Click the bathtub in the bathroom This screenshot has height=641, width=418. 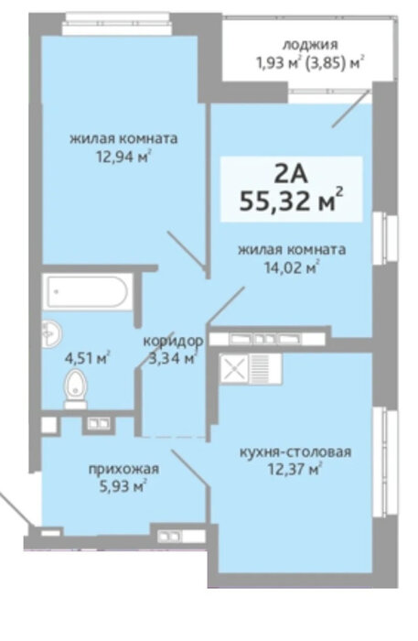88,292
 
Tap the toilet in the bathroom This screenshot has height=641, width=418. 76,389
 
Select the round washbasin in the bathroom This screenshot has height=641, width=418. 51,333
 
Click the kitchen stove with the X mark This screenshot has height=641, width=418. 234,369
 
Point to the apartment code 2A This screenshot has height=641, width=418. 291,176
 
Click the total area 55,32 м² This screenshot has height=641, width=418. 291,201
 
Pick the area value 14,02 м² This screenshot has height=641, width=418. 292,267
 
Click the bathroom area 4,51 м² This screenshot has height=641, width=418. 88,358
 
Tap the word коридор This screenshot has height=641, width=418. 173,341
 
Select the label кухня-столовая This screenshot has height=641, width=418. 295,452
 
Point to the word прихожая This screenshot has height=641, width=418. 124,469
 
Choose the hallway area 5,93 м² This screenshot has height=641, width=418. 123,487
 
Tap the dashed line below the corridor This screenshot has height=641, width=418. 175,437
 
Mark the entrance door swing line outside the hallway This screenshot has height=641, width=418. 15,509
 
